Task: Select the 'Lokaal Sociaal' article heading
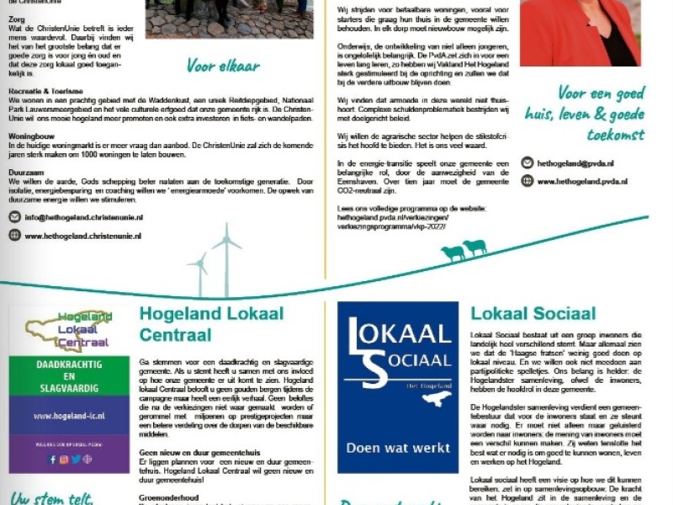click(x=533, y=315)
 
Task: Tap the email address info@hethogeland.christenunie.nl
click(x=84, y=217)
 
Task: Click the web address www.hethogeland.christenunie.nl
click(x=83, y=237)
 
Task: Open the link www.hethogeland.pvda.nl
click(x=582, y=181)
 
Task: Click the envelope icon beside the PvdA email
click(x=527, y=163)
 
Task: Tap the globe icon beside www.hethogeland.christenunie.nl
click(x=14, y=236)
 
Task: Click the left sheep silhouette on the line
click(x=452, y=252)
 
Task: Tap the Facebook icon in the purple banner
click(x=52, y=460)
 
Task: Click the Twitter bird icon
click(x=76, y=460)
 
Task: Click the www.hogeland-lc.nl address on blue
click(x=69, y=416)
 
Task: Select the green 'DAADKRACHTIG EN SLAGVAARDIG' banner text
click(x=69, y=375)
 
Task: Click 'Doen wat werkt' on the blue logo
click(x=398, y=448)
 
